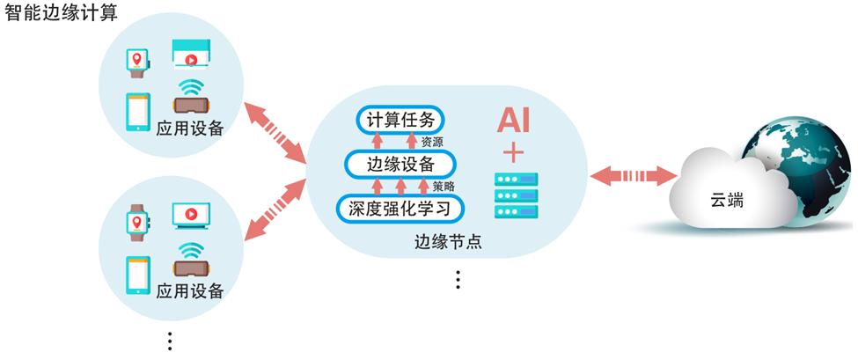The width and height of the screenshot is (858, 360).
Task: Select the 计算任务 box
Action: [401, 121]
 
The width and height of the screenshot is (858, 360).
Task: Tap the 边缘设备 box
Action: [400, 165]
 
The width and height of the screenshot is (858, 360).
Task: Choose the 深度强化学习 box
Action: [400, 209]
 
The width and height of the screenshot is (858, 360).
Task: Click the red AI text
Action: [513, 119]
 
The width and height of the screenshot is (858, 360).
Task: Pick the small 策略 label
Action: [444, 186]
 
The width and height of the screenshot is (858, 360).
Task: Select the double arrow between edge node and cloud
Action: [631, 175]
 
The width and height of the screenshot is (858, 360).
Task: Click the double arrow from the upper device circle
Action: [275, 133]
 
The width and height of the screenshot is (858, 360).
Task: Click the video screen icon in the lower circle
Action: [191, 214]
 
